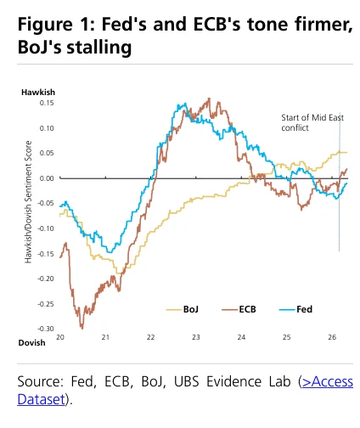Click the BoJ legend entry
point(183,309)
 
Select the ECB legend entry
point(239,309)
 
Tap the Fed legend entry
point(295,309)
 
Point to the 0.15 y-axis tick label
point(47,103)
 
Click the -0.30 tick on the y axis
point(46,329)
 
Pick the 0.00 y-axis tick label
point(47,178)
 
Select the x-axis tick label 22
point(150,337)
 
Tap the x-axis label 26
point(332,337)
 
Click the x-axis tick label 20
point(60,337)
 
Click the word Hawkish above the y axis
point(38,93)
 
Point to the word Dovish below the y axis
point(31,343)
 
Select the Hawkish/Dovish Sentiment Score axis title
point(28,202)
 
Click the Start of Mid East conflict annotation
point(312,122)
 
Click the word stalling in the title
point(99,47)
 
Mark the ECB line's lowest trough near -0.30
point(82,329)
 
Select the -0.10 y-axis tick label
point(46,228)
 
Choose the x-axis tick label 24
point(241,337)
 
